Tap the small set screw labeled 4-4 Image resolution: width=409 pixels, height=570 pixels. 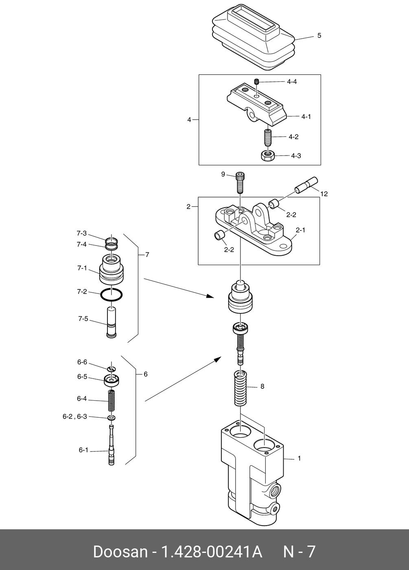click(x=257, y=82)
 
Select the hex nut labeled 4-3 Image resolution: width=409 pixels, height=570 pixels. click(x=267, y=155)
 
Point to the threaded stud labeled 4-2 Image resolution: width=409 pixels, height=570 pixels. click(x=267, y=138)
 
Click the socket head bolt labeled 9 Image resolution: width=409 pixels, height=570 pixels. click(x=239, y=182)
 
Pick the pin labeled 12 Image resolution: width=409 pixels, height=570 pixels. click(x=306, y=185)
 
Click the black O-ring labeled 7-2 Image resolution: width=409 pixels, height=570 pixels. click(x=112, y=295)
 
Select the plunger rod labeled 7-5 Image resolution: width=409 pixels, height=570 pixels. click(x=112, y=322)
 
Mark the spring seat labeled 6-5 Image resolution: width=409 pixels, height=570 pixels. click(x=112, y=380)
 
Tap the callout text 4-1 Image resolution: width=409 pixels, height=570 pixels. click(x=306, y=117)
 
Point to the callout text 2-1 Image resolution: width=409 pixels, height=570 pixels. click(x=301, y=230)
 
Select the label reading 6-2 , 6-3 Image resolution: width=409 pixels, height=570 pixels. click(x=75, y=417)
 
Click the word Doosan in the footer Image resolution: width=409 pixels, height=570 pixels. click(x=120, y=552)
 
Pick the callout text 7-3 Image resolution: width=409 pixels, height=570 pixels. click(x=82, y=233)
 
